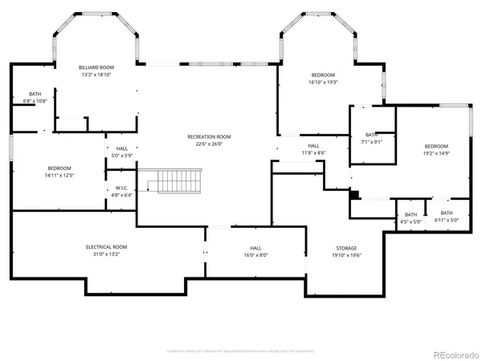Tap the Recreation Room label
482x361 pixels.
point(209,137)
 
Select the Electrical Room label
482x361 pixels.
point(106,247)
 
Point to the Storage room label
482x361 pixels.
point(346,248)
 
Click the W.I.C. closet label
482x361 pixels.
point(121,189)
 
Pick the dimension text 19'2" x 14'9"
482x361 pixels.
point(436,152)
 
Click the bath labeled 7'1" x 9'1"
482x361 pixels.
point(370,142)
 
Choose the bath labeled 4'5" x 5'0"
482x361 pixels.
point(411,221)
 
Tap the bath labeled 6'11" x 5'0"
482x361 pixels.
point(447,221)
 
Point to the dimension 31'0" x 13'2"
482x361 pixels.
point(106,254)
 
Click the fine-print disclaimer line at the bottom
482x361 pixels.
point(240,351)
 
